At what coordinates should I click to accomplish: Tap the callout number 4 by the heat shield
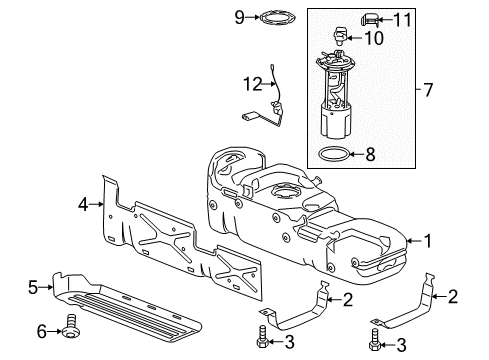[x=83, y=205]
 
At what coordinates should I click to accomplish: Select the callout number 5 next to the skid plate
[x=33, y=287]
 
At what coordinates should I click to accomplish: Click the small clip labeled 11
[x=398, y=17]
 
